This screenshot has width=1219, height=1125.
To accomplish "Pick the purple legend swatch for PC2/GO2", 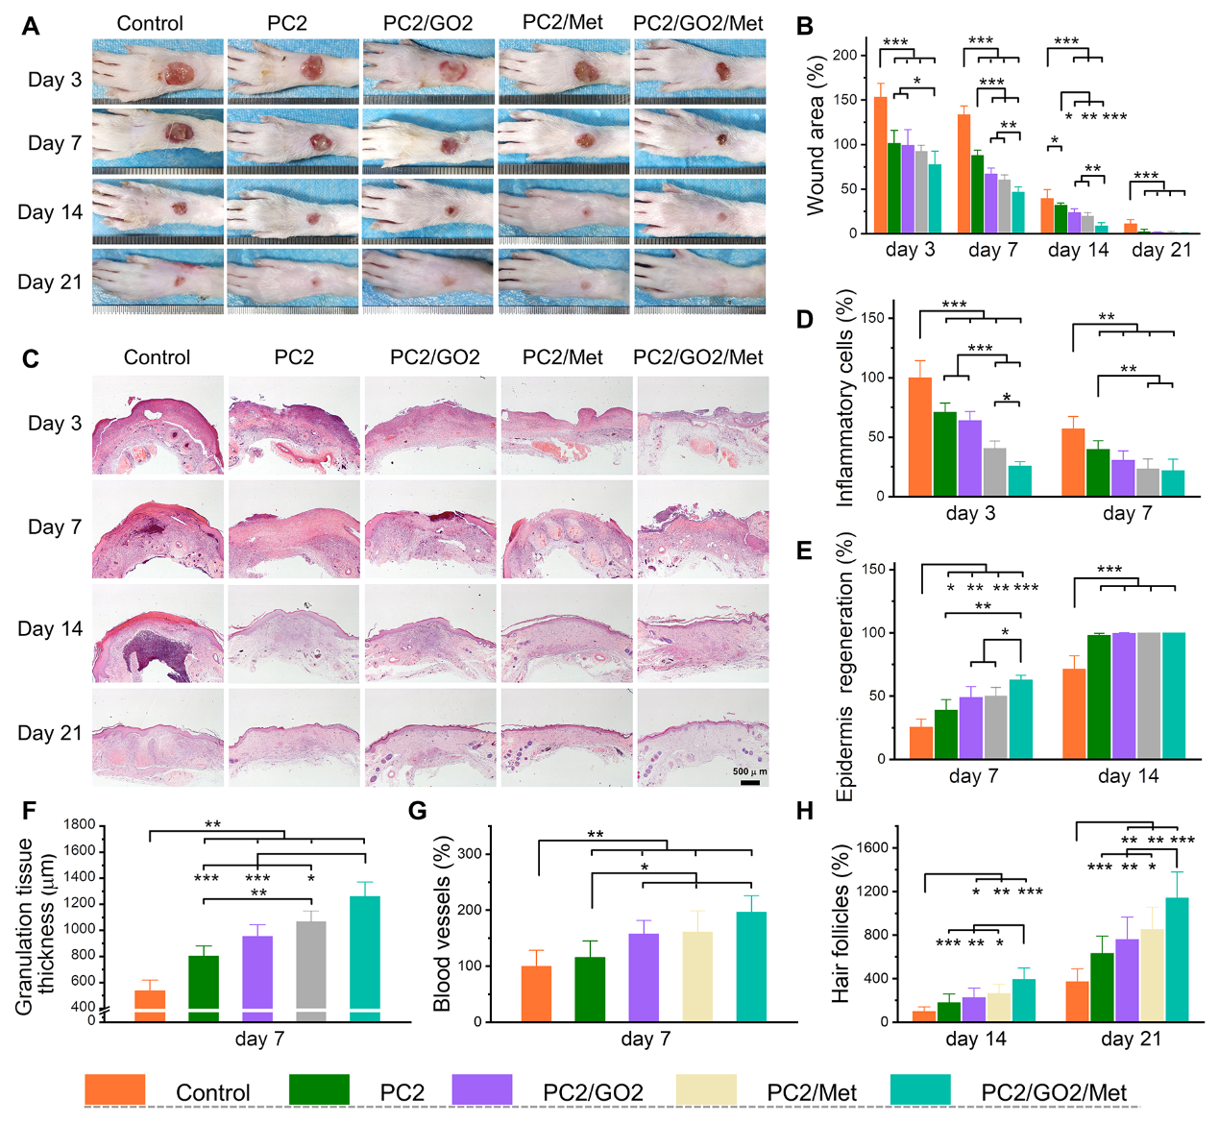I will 482,1090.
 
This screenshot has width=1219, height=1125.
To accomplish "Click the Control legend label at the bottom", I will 212,1093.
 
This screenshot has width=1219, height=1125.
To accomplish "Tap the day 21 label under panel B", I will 1161,251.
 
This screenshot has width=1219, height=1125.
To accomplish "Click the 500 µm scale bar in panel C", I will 750,782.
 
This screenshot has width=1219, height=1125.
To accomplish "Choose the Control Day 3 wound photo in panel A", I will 158,72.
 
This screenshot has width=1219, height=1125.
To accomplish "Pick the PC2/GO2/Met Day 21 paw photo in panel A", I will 700,281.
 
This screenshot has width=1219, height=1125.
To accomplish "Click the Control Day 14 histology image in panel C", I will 158,634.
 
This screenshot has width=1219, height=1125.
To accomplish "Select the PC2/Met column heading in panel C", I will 563,357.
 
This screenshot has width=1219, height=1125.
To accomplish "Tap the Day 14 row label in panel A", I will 50,212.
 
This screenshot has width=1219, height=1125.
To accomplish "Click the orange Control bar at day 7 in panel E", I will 921,743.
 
